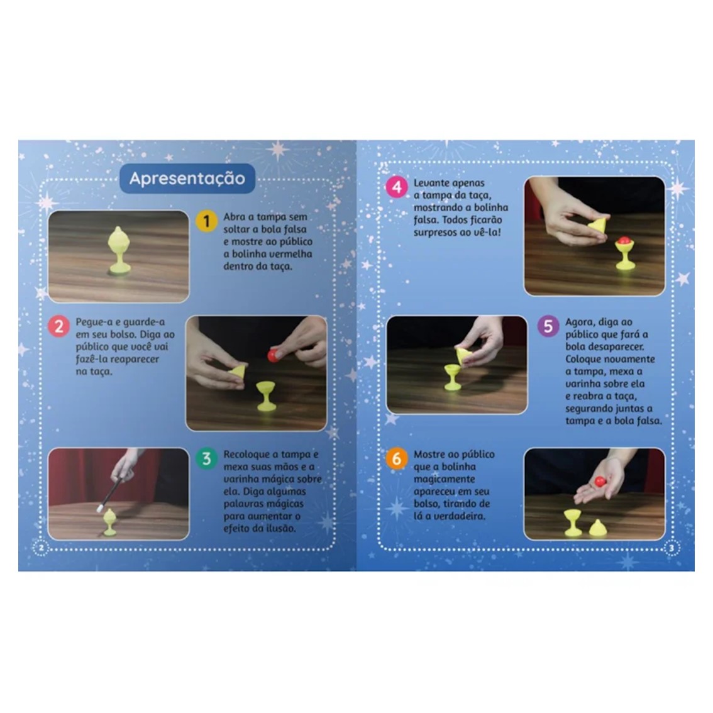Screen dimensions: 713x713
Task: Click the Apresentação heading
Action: pos(187,179)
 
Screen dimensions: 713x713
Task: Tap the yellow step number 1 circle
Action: pos(206,221)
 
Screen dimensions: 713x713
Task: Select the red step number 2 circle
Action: pos(58,326)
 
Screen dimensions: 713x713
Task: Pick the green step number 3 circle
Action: pos(206,458)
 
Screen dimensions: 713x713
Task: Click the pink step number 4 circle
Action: pos(397,187)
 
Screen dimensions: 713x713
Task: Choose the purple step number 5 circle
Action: pos(548,326)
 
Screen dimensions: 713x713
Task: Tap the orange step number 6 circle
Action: pos(397,458)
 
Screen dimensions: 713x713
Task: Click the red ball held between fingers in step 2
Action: pos(273,355)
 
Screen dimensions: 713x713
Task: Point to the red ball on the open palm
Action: pos(600,482)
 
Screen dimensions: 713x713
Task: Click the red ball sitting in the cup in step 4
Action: pos(624,241)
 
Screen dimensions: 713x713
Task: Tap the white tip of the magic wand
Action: pos(99,509)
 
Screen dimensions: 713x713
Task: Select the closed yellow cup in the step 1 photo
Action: pos(119,250)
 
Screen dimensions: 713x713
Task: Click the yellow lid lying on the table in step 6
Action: pos(597,528)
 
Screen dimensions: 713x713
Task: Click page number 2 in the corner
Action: pos(41,548)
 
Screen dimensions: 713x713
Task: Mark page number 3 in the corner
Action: pos(672,548)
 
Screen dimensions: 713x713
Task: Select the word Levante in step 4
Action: pos(429,183)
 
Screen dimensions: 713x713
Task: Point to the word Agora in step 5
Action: pos(579,323)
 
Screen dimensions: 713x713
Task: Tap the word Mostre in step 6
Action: pos(429,454)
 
